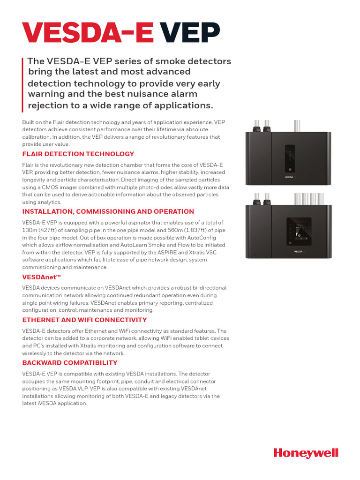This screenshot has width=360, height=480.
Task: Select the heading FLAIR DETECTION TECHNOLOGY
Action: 78,154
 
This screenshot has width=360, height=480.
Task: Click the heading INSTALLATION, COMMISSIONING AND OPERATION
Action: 108,211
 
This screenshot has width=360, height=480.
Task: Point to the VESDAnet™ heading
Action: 42,277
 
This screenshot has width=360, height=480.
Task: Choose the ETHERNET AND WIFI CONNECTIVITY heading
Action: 84,320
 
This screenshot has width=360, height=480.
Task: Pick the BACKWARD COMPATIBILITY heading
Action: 70,363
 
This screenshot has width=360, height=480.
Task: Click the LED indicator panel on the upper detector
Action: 290,158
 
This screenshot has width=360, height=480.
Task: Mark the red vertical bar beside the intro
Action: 23,82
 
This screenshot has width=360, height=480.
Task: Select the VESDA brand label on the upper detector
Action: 289,177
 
